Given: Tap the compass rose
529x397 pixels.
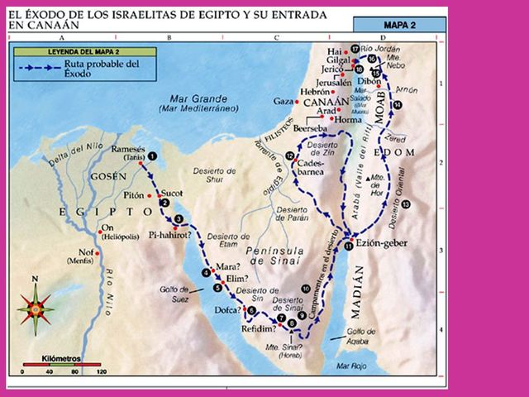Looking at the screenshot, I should click(36, 309).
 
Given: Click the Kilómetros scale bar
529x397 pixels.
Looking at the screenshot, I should click(61, 364).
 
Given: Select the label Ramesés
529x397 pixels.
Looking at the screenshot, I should click(128, 148).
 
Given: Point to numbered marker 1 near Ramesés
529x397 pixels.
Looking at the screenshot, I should click(152, 155).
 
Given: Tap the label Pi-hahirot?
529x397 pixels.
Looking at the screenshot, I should click(169, 235).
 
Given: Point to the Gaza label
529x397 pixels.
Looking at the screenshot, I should click(282, 100).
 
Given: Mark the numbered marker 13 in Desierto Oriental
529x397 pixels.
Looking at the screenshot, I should click(405, 203).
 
